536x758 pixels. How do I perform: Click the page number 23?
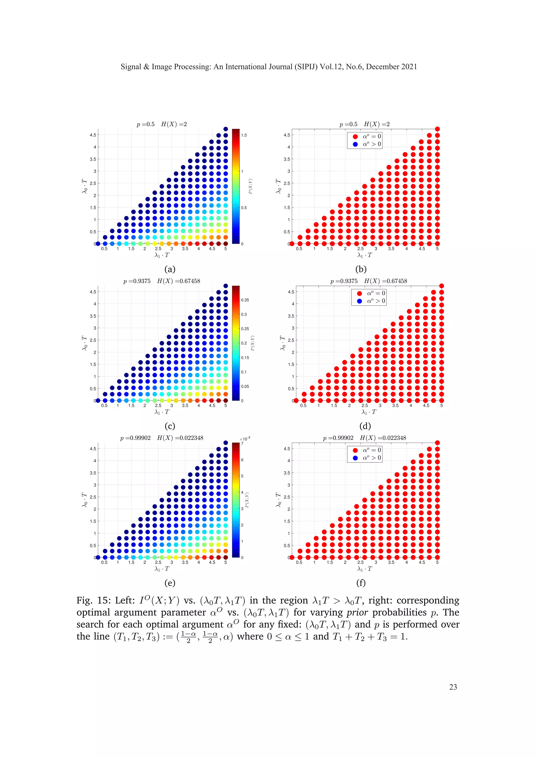(453, 687)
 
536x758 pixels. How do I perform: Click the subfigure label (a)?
(170, 269)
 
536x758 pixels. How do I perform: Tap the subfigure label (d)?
(365, 426)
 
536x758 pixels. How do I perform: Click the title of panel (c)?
(162, 281)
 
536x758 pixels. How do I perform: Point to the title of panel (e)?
(162, 438)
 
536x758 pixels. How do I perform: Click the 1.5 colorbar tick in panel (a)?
(244, 135)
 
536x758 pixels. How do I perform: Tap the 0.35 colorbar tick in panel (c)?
(245, 300)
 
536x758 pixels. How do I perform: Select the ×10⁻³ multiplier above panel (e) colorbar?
(245, 439)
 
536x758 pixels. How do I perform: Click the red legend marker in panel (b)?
(355, 136)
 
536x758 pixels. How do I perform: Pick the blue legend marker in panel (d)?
(359, 301)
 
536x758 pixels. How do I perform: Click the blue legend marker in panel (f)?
(355, 458)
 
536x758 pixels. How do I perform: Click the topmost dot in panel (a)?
(226, 129)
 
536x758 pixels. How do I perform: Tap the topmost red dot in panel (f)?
(437, 443)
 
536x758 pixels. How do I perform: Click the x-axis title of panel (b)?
(364, 255)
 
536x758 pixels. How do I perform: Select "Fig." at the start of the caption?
(85, 600)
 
